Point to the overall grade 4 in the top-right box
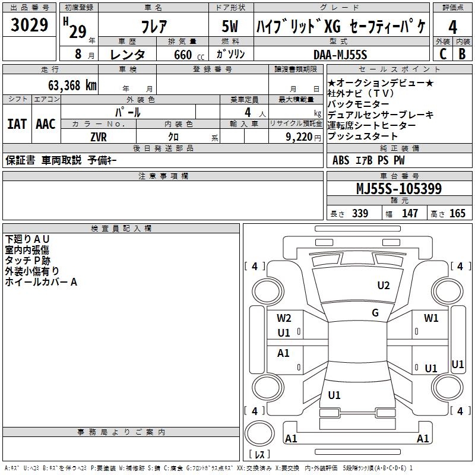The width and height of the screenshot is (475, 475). coord(453,27)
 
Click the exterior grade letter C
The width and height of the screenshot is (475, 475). coord(443,54)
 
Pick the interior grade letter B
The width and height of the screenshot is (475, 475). coord(463,54)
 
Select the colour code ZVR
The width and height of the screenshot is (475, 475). coord(99,136)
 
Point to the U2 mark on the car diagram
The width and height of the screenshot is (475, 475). coord(384,286)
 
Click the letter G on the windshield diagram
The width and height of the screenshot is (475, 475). coord(375,313)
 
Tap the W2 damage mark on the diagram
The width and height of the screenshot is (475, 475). coord(284,318)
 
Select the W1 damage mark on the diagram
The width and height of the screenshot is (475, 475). coord(431,318)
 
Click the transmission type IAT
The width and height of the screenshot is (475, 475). coord(17,123)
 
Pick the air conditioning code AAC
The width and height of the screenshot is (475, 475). coord(46,123)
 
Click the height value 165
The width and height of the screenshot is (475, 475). coord(457,214)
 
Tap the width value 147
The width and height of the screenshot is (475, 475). coord(410,214)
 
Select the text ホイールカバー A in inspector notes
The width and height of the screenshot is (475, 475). coord(41,282)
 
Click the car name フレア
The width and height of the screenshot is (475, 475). coord(153,27)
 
